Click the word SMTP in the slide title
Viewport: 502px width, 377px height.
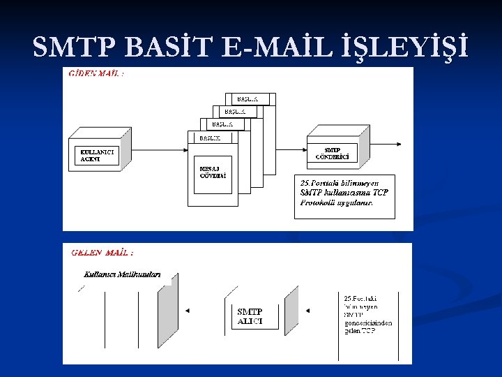point(75,47)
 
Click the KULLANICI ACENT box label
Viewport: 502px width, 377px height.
point(97,155)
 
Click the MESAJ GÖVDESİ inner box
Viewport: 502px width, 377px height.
point(213,172)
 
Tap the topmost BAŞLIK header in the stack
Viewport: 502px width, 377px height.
point(251,99)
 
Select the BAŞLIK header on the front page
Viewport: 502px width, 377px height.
point(209,138)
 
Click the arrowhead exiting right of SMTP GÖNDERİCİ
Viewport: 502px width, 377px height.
point(397,145)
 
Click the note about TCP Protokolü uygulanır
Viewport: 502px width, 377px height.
point(344,193)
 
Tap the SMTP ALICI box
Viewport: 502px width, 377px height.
point(254,316)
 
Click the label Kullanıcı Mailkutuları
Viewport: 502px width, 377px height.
point(121,274)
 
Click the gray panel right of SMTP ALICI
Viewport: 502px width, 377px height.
point(291,311)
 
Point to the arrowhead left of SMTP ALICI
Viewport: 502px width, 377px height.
point(187,310)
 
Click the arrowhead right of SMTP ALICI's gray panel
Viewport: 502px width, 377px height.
point(308,310)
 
